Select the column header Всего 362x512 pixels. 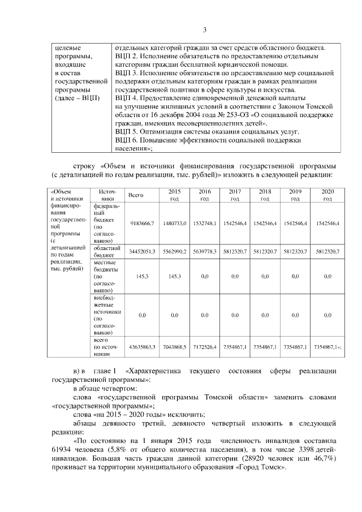[136, 195]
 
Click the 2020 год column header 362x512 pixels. [327, 195]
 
